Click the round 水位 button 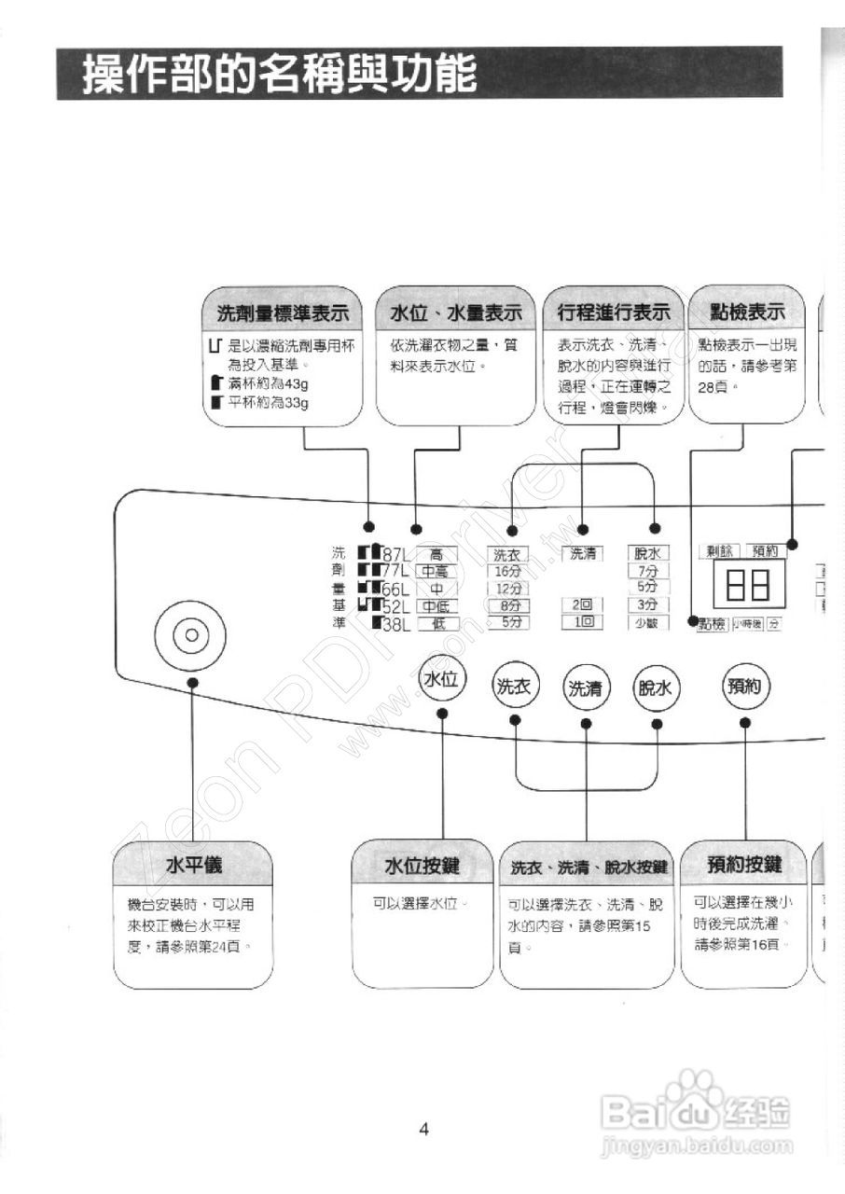click(442, 680)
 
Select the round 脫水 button click(657, 689)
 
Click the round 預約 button click(745, 687)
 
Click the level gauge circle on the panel click(192, 635)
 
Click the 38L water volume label click(397, 623)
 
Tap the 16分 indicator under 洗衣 click(508, 572)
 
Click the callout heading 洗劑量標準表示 click(282, 312)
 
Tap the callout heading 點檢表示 click(746, 312)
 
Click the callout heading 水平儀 click(194, 866)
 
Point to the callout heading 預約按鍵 click(744, 866)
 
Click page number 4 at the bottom click(423, 1130)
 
